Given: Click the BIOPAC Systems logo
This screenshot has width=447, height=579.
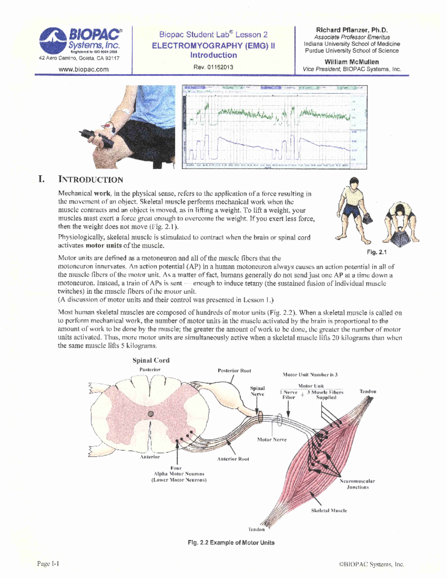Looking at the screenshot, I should tap(80, 40).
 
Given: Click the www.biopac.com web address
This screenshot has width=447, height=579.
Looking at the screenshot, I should tap(83, 69).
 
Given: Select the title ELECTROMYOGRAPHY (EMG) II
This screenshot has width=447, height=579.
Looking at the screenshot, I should tap(213, 46).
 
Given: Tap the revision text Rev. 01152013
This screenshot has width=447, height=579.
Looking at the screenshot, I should tap(213, 67).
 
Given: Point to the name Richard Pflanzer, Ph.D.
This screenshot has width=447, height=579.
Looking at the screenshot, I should tap(352, 30).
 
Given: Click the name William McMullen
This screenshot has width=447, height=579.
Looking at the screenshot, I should tap(352, 62).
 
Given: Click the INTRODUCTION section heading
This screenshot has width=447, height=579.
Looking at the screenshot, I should tap(91, 180).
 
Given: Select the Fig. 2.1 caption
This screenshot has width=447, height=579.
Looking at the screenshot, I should tap(377, 252).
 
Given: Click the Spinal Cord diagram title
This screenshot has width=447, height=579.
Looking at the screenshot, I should tap(151, 361).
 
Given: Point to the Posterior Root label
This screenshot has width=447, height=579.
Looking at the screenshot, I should tap(234, 371).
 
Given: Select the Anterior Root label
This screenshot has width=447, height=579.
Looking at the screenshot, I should tap(233, 459).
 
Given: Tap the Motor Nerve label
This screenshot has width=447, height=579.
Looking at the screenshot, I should tap(272, 440).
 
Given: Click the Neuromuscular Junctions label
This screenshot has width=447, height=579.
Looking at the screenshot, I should tap(357, 484).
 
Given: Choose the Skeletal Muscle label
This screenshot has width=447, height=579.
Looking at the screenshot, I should tap(329, 510).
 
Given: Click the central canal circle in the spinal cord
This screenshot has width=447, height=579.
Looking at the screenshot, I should tap(150, 413).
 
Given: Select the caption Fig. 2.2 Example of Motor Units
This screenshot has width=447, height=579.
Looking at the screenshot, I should tap(231, 542).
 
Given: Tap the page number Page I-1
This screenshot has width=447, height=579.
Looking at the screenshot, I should tap(48, 563).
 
